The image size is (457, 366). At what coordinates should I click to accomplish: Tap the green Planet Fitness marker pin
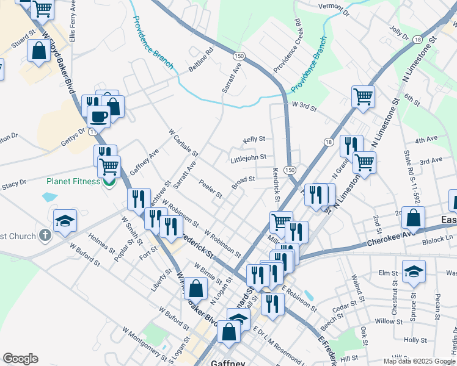[x=110, y=182]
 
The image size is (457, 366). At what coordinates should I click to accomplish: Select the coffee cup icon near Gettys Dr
[x=98, y=116]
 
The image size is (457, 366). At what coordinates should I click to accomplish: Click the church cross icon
[x=44, y=235]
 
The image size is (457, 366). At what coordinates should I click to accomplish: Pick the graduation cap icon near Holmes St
[x=65, y=221]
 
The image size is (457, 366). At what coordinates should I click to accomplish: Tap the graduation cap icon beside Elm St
[x=414, y=273]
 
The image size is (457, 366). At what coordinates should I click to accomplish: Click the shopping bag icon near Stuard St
[x=38, y=52]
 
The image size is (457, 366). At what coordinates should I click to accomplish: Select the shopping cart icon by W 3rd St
[x=363, y=97]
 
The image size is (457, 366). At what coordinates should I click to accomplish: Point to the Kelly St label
[x=254, y=140]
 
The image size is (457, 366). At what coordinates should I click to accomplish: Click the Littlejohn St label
[x=248, y=157]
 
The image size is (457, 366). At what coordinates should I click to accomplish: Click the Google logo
[x=20, y=359]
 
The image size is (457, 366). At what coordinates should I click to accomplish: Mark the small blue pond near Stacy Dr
[x=48, y=197]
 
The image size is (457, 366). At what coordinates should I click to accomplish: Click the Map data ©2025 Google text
[x=419, y=361]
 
